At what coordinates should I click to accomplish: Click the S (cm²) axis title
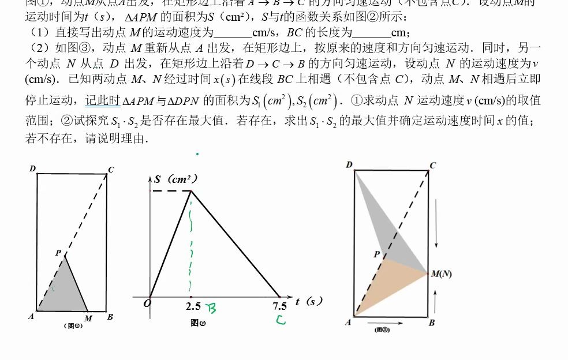(175, 179)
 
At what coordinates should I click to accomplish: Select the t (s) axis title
(308, 301)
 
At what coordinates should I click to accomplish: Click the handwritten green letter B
(212, 310)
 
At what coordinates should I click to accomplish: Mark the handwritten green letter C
(281, 319)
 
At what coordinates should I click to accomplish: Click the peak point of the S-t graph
(191, 191)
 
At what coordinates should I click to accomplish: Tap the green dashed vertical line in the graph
(190, 242)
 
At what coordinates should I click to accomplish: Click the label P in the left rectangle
(58, 253)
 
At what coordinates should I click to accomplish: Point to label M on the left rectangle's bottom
(88, 318)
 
